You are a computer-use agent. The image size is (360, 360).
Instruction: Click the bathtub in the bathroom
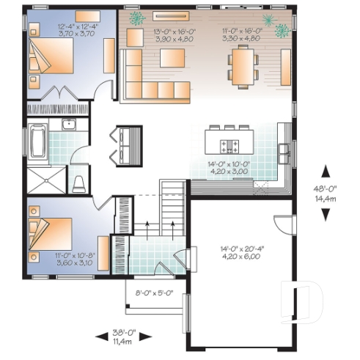[38, 141]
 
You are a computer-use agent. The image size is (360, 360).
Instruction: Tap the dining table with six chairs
[243, 66]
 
